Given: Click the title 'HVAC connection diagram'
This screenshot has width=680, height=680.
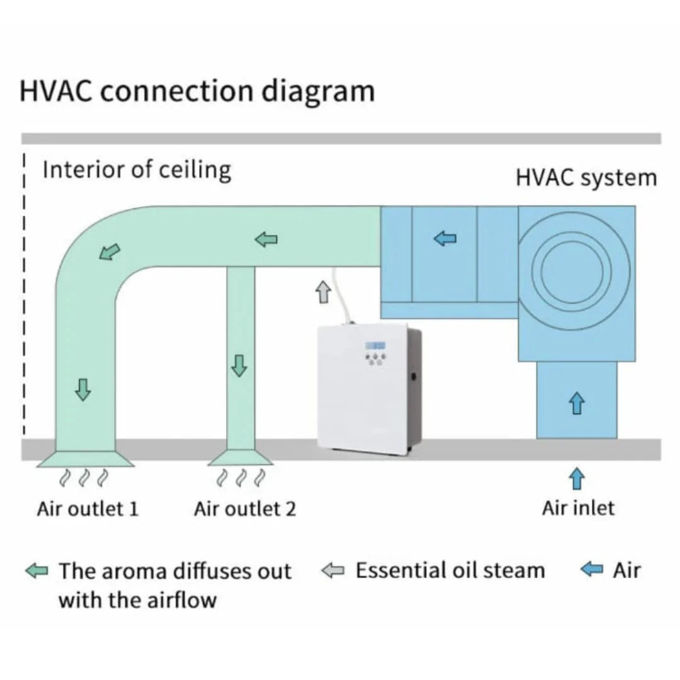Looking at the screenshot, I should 197,91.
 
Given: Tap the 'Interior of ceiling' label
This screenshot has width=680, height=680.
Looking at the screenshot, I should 137,170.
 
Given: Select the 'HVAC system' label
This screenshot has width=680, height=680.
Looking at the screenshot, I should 586,178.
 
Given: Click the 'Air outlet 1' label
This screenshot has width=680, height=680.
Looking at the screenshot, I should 88,508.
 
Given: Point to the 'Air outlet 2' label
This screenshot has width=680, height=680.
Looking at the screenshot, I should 244,508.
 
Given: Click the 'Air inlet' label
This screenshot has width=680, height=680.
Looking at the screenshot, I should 577,507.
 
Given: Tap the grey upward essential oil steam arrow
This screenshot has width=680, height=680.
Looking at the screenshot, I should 323,292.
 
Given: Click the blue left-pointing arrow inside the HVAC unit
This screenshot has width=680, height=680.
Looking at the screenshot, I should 446,239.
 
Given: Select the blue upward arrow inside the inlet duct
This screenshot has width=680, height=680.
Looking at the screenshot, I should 576,402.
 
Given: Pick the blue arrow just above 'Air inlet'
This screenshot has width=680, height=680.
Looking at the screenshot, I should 576,477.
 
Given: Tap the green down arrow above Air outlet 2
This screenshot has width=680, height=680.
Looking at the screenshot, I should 239,365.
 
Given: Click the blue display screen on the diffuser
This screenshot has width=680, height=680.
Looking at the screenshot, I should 376,346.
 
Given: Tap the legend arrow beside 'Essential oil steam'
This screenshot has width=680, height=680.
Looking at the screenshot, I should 333,571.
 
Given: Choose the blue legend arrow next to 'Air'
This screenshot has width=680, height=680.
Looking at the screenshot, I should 592,571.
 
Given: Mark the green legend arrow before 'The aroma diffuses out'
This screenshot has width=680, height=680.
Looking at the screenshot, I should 37,571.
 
